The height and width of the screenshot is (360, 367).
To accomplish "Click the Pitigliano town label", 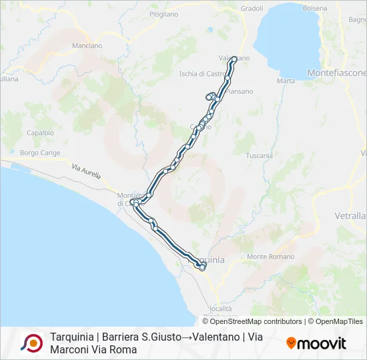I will click(x=164, y=13).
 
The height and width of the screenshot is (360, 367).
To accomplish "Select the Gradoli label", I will click(x=252, y=9).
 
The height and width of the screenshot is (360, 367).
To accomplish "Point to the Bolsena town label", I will click(x=315, y=8).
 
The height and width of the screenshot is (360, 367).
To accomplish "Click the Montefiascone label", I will click(x=336, y=72).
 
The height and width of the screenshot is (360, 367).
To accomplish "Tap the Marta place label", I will click(x=286, y=81).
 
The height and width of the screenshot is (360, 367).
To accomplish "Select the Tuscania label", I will click(x=259, y=155).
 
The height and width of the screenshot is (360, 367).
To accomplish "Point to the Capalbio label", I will click(x=40, y=133).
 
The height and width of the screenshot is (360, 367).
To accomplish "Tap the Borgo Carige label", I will click(x=40, y=153).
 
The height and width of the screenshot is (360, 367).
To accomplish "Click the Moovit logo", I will click(x=316, y=343).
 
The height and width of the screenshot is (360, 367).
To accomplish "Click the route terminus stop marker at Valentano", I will click(x=234, y=59).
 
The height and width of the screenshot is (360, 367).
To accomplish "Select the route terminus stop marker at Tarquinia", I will click(x=202, y=267).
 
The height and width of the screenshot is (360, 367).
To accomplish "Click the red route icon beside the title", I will click(x=31, y=343).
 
